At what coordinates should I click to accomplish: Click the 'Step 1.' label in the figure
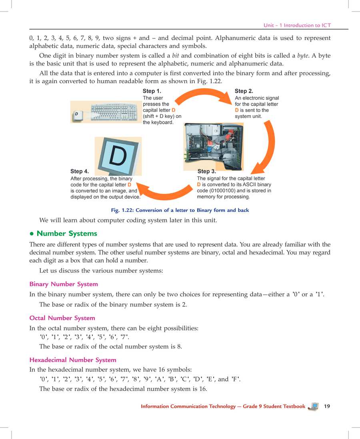[152, 91]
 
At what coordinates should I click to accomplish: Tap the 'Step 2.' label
[244, 91]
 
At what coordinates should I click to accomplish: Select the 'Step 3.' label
[206, 172]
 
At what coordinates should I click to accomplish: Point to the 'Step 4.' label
[79, 172]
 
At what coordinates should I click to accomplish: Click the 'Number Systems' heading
[67, 233]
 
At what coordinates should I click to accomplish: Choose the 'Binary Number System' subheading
[64, 284]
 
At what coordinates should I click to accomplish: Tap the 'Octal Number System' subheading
[62, 318]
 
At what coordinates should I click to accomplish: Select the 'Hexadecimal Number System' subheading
[73, 360]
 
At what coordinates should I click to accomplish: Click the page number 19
[327, 406]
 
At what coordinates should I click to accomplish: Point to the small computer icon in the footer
[314, 407]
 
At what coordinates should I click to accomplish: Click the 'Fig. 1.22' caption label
[120, 210]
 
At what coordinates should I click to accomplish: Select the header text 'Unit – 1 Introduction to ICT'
[297, 25]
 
